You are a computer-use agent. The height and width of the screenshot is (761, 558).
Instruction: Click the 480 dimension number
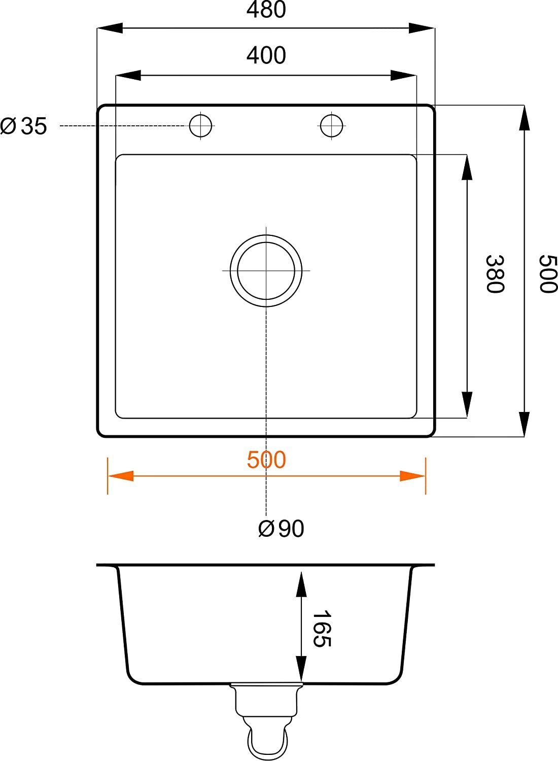266,10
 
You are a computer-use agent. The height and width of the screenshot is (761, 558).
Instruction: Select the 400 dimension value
266,55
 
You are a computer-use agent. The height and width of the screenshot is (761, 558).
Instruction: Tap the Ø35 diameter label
24,126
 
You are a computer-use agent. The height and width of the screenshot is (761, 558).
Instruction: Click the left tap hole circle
200,125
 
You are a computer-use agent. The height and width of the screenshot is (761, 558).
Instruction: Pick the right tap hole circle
332,125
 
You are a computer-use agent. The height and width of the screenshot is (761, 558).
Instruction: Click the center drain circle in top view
266,270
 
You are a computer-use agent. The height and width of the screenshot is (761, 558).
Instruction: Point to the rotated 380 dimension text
495,274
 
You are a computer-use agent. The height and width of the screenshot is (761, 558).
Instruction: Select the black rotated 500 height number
547,274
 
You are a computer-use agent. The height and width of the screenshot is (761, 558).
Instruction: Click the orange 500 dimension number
266,460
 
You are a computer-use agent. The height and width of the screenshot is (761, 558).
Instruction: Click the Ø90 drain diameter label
281,529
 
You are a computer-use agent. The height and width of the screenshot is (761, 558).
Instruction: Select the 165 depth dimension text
321,629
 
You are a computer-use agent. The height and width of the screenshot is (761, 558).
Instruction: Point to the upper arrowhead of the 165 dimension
301,583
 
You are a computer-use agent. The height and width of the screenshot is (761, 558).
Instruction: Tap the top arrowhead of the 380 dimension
466,167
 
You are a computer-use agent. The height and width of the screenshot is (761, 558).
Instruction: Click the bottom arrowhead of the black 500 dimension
524,424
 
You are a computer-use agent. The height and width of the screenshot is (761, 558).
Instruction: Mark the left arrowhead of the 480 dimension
110,27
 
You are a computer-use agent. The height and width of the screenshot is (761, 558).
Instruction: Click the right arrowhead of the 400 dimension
404,76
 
